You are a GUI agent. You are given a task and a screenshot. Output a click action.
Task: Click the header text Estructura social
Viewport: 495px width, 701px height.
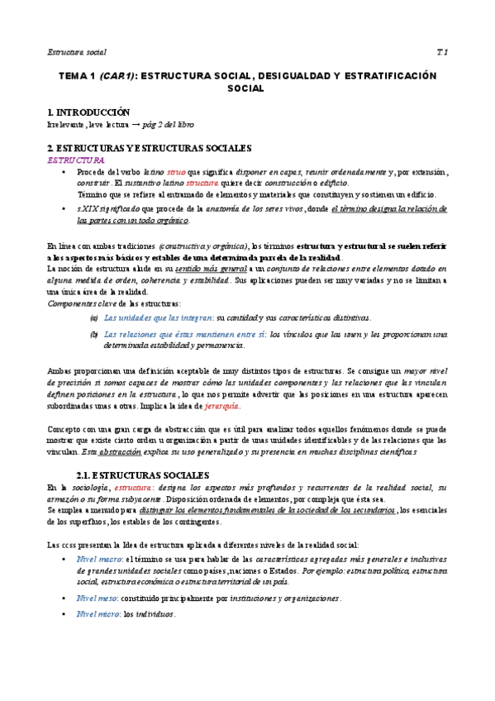77,52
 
